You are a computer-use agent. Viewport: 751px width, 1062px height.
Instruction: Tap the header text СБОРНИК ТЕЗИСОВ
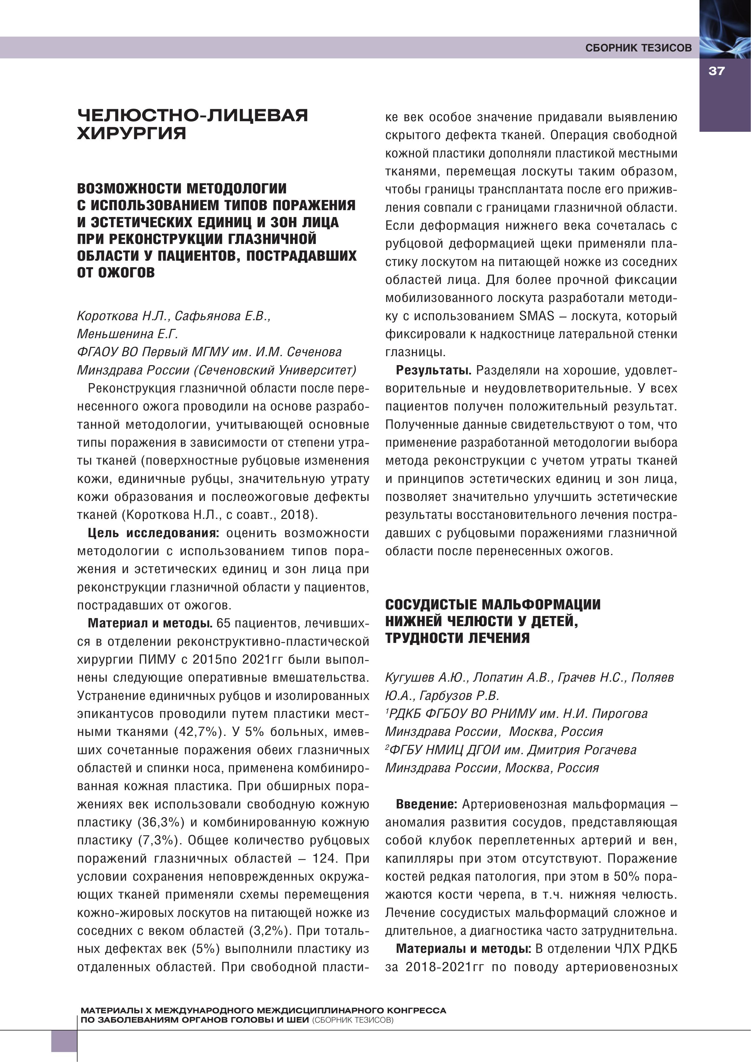pyautogui.click(x=638, y=48)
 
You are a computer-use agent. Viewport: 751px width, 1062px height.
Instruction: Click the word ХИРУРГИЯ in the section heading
pyautogui.click(x=132, y=133)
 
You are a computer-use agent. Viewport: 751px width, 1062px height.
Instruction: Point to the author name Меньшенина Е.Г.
pyautogui.click(x=128, y=334)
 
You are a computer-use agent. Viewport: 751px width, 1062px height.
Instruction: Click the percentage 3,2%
pyautogui.click(x=270, y=931)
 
